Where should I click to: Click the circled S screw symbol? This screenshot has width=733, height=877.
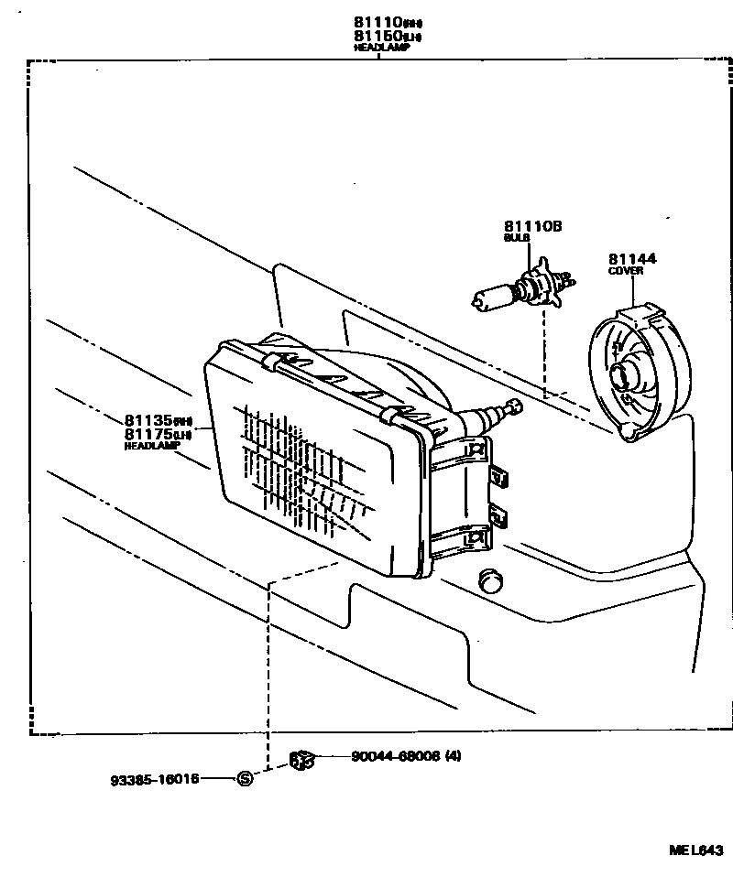pyautogui.click(x=245, y=779)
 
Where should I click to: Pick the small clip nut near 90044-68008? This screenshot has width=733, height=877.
pyautogui.click(x=301, y=759)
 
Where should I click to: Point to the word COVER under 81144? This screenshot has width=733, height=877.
pyautogui.click(x=626, y=272)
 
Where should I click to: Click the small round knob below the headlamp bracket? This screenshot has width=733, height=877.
pyautogui.click(x=492, y=579)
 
